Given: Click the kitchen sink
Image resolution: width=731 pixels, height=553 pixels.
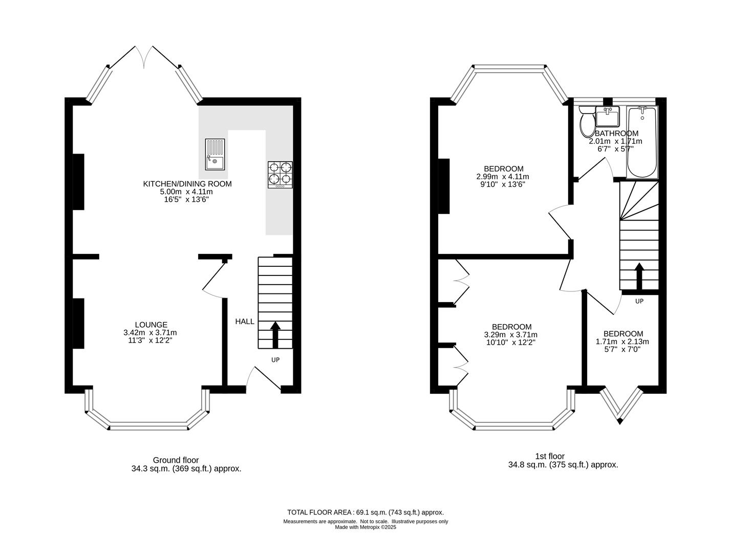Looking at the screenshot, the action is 215,154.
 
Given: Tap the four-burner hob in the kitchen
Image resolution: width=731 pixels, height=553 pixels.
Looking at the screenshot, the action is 280,175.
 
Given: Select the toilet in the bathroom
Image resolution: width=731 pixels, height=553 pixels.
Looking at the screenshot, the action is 586,121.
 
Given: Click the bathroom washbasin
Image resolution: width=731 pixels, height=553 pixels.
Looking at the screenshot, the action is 608,117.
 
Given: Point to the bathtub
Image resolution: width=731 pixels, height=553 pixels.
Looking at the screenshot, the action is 642,142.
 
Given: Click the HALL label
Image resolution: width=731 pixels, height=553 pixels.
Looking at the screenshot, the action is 245,322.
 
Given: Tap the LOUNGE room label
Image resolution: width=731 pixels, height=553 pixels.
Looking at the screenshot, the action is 151,325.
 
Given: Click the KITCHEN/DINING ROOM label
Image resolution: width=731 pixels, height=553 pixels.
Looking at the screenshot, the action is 187,183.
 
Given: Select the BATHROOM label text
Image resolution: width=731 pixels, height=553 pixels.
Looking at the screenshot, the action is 617,133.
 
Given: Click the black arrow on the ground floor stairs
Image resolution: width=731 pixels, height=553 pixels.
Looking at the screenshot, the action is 275,335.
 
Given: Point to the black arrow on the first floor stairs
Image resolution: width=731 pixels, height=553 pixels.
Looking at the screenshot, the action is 639,276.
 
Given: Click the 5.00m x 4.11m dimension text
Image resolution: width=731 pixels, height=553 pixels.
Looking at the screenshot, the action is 186,192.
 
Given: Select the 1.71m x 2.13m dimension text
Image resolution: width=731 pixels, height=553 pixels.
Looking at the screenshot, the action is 622,342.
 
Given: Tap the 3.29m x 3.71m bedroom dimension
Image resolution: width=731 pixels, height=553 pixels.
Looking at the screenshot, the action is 511,334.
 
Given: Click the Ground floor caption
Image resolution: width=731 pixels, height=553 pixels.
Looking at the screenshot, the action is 176,460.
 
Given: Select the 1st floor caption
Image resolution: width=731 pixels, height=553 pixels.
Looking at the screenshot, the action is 550,456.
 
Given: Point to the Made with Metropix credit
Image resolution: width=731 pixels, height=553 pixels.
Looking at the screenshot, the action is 365,527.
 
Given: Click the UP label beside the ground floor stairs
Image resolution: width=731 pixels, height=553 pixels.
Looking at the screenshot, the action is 275,360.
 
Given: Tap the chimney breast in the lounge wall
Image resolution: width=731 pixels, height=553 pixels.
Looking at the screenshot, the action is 79,323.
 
